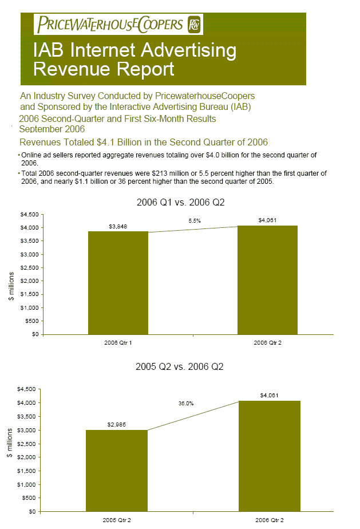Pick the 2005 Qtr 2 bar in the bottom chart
116,470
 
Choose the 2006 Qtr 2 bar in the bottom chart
269,455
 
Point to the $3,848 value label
118,227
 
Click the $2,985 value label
116,425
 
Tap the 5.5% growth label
195,220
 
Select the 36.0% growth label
185,404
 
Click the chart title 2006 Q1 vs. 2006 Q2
180,202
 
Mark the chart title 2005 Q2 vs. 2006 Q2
180,367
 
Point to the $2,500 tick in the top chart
29,267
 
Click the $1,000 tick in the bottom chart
29,484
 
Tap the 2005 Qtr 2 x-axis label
117,520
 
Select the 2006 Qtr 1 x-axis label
118,342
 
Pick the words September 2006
52,129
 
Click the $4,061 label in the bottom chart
269,395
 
